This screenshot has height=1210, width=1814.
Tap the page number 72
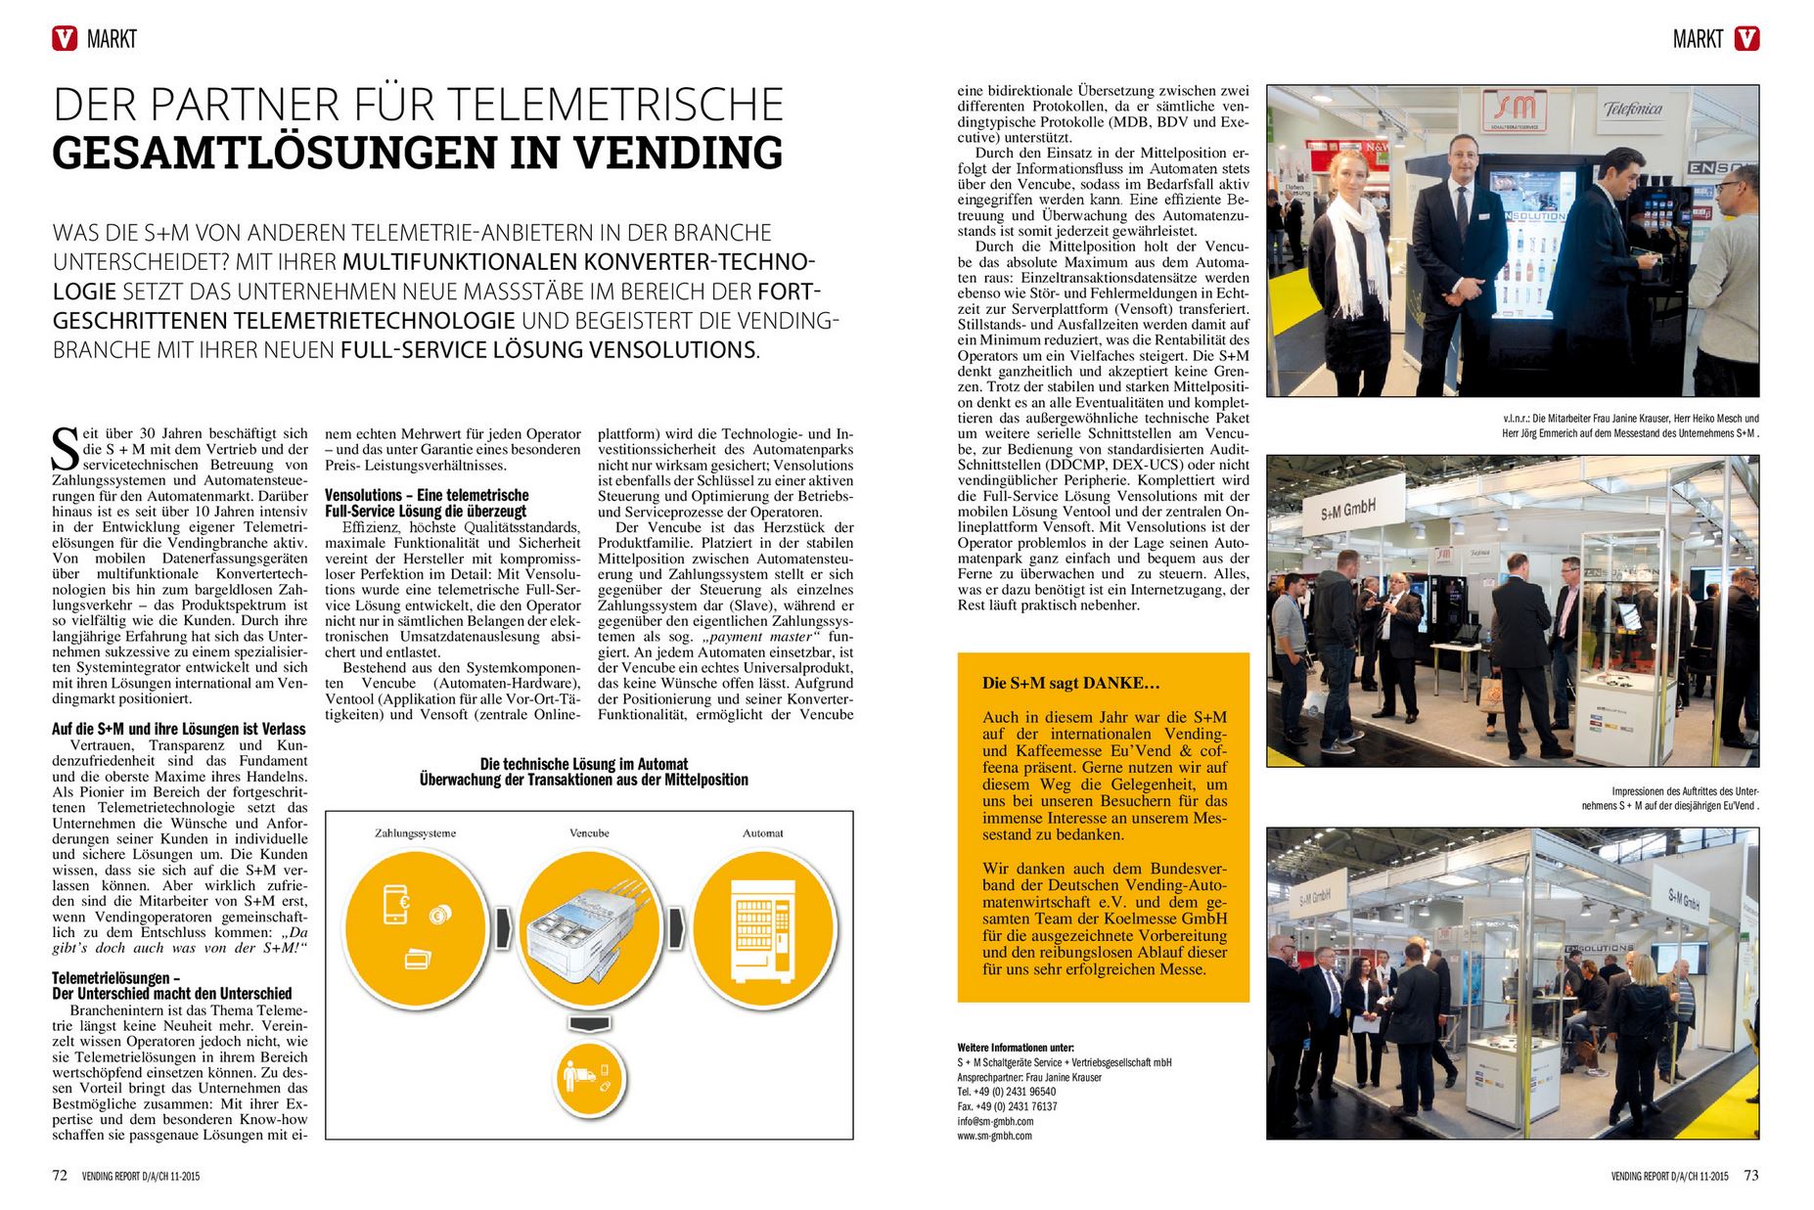click(60, 1176)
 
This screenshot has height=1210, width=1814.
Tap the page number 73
click(1750, 1176)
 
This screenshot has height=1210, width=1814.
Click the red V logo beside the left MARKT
click(65, 38)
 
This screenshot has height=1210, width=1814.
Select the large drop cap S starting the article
click(66, 448)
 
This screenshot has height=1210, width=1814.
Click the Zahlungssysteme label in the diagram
click(415, 833)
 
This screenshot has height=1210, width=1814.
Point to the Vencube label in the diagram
click(589, 833)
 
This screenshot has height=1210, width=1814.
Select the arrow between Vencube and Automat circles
click(676, 922)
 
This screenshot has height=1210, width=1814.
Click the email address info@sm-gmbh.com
click(995, 1121)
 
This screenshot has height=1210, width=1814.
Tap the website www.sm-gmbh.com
click(994, 1136)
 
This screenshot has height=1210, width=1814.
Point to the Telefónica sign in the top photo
click(1633, 110)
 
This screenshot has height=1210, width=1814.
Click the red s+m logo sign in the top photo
click(1515, 110)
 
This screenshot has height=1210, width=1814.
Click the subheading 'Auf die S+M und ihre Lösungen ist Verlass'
click(179, 729)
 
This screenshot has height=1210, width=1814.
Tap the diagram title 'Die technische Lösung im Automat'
click(584, 764)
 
